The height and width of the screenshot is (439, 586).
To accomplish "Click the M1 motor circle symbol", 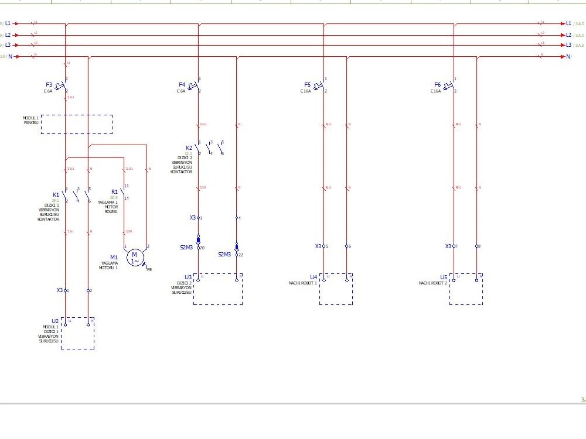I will [134, 256].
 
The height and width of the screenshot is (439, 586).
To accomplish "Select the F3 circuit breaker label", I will [49, 85].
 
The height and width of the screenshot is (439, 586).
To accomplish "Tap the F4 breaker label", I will [182, 85].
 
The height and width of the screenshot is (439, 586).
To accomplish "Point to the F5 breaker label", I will [308, 85].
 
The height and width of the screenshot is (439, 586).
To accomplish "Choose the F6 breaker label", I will [437, 85].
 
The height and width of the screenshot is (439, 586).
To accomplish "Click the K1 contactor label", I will [56, 194].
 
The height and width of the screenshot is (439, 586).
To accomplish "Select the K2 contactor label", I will [189, 148].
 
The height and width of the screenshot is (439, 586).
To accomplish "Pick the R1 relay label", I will [114, 191].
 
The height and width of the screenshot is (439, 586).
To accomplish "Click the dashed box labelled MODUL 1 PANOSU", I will [76, 124].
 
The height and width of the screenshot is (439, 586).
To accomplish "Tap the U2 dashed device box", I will [77, 334].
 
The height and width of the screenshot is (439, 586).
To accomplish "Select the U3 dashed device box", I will [217, 289].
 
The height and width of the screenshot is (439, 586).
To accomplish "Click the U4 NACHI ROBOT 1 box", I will [336, 289].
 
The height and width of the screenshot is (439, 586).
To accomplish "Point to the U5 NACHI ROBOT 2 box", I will [466, 289].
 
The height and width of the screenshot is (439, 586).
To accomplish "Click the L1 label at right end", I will [568, 23].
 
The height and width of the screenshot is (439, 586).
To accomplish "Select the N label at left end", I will [10, 57].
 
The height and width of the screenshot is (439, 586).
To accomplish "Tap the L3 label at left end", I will [8, 45].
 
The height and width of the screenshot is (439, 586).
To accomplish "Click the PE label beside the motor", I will [149, 270].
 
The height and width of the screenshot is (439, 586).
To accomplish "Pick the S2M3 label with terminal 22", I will [225, 255].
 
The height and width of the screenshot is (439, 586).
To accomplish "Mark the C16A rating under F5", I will [305, 91].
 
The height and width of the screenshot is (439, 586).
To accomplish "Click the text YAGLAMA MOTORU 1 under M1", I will [110, 266].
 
